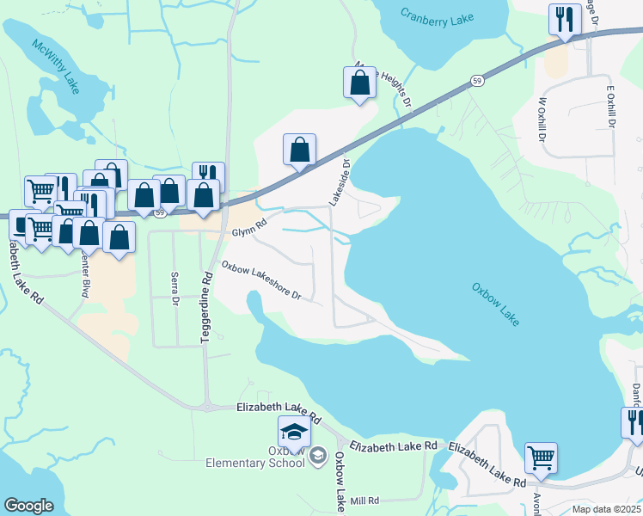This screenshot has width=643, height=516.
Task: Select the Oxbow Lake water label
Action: click(x=496, y=304)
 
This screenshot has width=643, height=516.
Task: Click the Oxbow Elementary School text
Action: click(x=255, y=457)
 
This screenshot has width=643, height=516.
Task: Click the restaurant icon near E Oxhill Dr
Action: click(x=565, y=21)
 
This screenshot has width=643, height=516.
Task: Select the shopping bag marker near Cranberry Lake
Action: click(x=360, y=83)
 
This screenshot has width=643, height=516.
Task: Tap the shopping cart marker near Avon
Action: click(x=541, y=459)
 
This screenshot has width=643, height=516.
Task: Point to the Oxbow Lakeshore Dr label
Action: click(x=261, y=280)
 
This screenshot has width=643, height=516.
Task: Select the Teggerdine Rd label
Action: click(x=206, y=310)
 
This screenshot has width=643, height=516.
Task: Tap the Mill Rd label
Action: click(x=364, y=501)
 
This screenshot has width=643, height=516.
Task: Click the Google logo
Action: click(x=28, y=506)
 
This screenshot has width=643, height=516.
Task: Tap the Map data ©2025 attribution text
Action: click(x=607, y=509)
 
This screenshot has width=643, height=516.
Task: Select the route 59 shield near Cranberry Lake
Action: click(x=476, y=80)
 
